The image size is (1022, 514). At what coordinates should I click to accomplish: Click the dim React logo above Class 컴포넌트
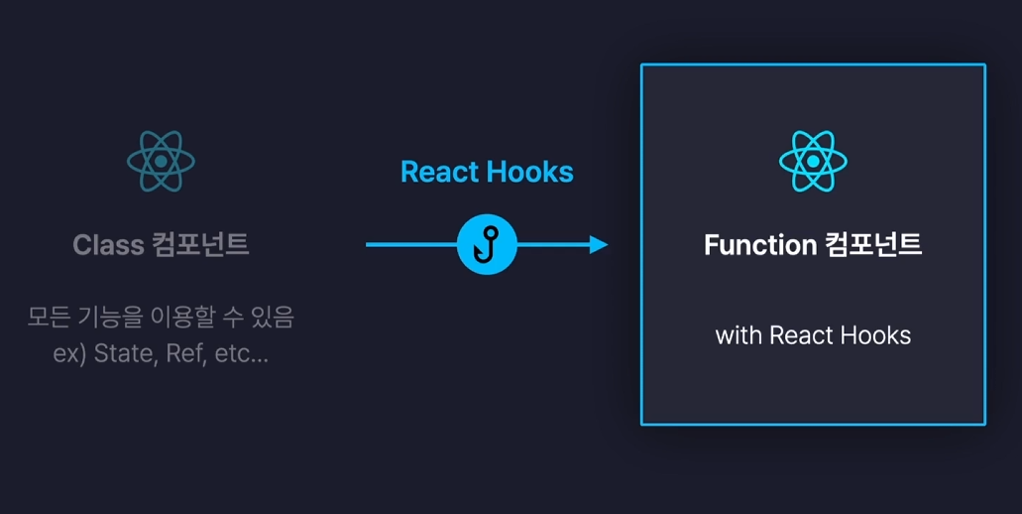[162, 161]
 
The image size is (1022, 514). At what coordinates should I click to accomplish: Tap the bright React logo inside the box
[813, 161]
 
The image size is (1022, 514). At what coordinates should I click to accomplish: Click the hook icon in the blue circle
[488, 244]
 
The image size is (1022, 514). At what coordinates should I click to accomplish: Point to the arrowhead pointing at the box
[598, 244]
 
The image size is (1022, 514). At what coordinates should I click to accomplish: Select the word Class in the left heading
[108, 245]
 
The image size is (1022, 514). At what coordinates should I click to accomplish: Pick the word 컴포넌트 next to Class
[201, 245]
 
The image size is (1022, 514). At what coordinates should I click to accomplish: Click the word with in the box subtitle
[738, 335]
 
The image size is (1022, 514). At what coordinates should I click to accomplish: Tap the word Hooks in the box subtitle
[875, 335]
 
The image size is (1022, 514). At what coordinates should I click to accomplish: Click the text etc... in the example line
[241, 354]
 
